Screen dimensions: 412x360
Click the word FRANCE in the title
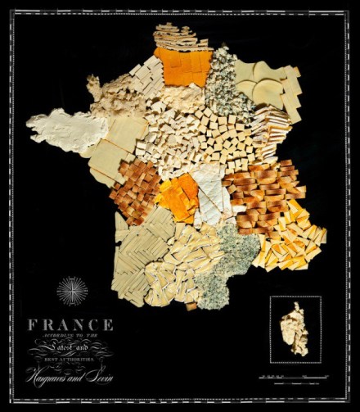click(70, 324)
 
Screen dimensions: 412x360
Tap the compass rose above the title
click(71, 292)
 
